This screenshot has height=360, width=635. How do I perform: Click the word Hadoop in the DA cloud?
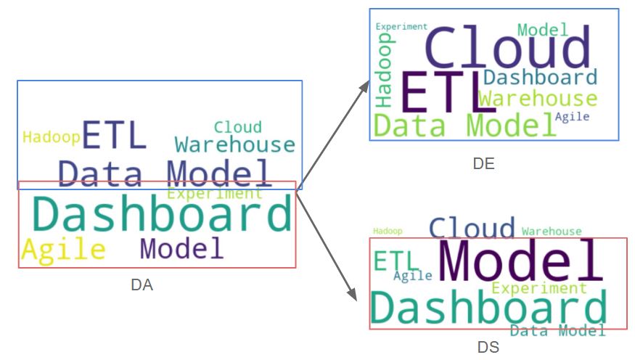[51, 137]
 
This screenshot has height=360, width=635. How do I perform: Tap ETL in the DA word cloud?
[115, 135]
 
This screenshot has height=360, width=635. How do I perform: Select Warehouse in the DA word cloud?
[235, 144]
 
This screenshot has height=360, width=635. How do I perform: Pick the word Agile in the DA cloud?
[63, 250]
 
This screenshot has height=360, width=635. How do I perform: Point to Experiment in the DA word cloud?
[215, 194]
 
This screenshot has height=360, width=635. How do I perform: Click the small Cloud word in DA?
[237, 127]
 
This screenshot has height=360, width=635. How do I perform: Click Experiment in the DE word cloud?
[401, 27]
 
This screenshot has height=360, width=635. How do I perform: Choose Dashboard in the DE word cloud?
[540, 77]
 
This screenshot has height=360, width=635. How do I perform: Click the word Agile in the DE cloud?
[572, 116]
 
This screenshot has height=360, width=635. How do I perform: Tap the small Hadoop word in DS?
[388, 231]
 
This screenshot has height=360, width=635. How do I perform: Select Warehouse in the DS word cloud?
[552, 231]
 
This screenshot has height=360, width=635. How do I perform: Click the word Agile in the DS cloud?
[412, 275]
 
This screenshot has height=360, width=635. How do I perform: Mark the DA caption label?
[142, 285]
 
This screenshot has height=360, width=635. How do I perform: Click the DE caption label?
[483, 164]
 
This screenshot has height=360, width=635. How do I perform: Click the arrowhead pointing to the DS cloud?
[352, 294]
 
